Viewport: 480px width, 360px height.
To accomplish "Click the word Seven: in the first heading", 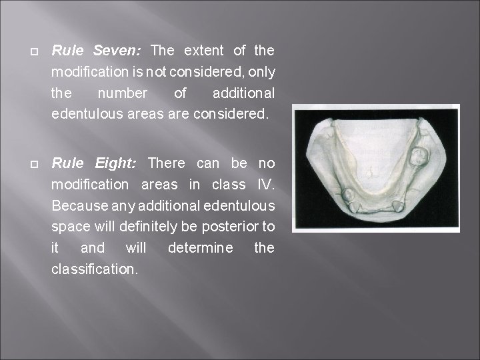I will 118,51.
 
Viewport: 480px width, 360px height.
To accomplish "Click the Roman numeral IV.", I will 265,184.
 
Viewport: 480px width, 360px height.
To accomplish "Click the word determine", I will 201,248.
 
